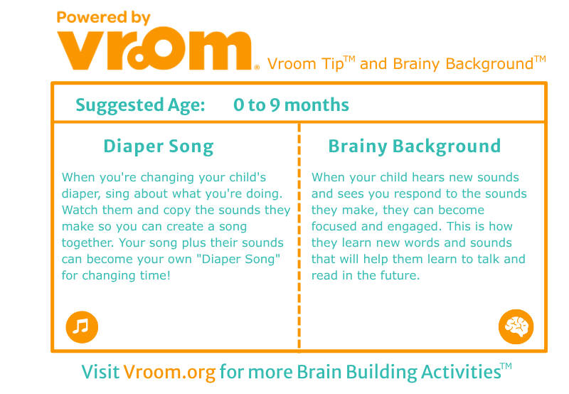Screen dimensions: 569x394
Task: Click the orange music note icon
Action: pos(82,327)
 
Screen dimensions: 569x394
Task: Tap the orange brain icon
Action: pos(516,326)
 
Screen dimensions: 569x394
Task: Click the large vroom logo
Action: pos(154,48)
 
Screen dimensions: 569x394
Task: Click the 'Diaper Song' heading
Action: pos(159,147)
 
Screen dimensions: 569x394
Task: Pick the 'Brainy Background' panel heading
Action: pos(415,147)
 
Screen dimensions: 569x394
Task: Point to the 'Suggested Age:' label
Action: pos(140,105)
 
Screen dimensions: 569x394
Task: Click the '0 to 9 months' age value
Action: pos(291,105)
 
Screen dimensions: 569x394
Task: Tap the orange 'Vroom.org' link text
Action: pos(169,372)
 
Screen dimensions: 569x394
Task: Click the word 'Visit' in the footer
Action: pos(100,372)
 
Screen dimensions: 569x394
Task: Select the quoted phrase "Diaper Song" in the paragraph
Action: pos(241,259)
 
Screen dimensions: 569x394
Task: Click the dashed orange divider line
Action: pos(299,238)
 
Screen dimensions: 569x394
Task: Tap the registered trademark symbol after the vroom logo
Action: pos(257,67)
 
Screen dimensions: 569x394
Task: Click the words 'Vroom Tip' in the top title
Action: pos(306,64)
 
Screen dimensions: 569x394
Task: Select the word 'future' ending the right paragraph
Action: pos(399,275)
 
